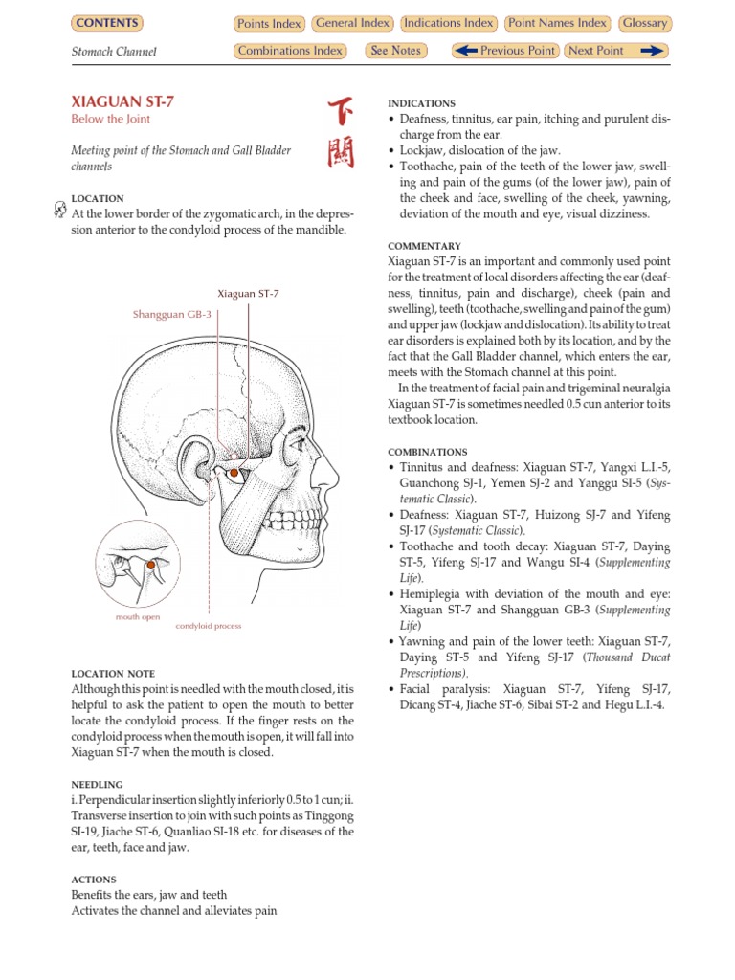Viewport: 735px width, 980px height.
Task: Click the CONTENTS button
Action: [106, 23]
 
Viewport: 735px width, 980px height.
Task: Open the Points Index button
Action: [269, 24]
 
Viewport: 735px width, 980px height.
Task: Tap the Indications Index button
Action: [449, 23]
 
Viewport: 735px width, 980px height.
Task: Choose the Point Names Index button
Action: [558, 23]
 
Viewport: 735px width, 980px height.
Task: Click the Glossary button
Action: [645, 23]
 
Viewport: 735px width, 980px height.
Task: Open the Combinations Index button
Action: [290, 51]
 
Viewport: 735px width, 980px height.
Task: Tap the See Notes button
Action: [395, 51]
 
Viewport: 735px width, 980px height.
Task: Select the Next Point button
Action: [615, 51]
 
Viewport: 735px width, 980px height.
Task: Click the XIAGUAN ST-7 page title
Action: [122, 100]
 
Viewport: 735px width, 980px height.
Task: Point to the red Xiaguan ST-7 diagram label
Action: [248, 294]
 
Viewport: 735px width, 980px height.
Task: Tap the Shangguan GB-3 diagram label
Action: [172, 314]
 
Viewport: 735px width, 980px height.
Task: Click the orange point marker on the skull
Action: [233, 473]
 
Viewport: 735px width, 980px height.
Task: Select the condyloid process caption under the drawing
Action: [209, 626]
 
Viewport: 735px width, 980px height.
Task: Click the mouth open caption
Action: [138, 617]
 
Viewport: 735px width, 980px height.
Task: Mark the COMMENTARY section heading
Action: [424, 246]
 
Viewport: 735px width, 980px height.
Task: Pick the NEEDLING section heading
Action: [97, 784]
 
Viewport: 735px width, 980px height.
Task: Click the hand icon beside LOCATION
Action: [61, 212]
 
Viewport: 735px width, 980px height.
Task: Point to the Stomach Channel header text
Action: [115, 52]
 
